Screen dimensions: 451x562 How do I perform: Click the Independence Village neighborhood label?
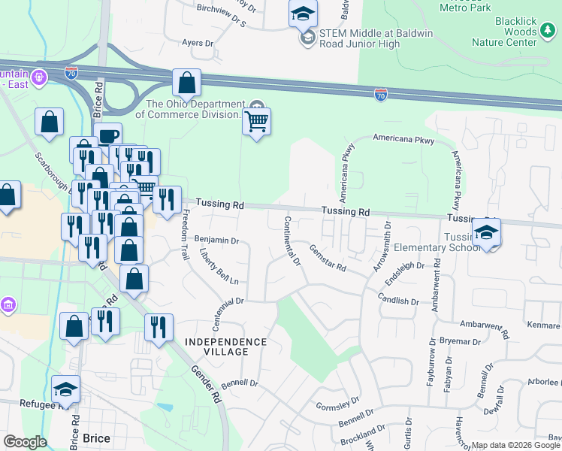[x=225, y=347]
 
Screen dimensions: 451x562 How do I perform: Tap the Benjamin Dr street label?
[x=216, y=241]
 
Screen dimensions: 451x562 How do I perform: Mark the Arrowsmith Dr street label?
[x=381, y=247]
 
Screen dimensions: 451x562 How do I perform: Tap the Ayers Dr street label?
[x=198, y=44]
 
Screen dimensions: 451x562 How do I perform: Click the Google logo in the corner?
[x=25, y=441]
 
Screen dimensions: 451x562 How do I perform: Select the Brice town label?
[x=96, y=438]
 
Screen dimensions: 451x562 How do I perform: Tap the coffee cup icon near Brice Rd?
[x=108, y=136]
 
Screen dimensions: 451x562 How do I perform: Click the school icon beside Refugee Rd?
[x=65, y=389]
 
